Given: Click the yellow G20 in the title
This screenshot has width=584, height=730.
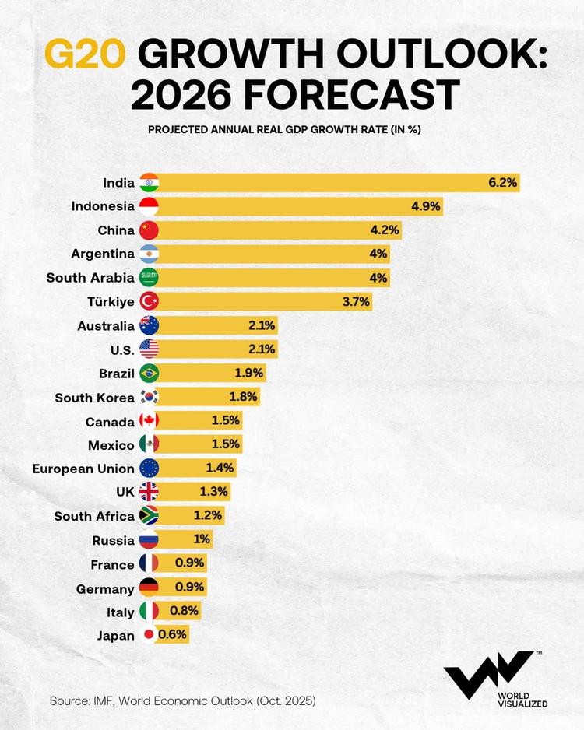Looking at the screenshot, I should tap(86, 55).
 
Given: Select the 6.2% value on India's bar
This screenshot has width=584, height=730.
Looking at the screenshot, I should tap(502, 183).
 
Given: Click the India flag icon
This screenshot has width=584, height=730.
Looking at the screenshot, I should tap(149, 183).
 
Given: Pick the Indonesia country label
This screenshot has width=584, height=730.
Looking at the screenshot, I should tap(103, 206).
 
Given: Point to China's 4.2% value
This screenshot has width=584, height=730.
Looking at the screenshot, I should tap(385, 230).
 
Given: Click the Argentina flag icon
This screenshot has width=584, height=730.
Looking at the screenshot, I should tap(149, 254).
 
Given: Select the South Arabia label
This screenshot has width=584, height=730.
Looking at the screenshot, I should tap(90, 277).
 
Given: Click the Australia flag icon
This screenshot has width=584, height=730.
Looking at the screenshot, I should tap(149, 325).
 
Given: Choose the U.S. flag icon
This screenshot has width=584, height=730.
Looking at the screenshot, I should tap(149, 349).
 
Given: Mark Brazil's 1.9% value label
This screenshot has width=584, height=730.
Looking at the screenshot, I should tap(249, 373).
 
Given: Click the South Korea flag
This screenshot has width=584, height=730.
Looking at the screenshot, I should tap(149, 397).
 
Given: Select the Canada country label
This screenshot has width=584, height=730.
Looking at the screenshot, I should tap(110, 421).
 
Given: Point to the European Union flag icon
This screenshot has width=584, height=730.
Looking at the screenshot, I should tap(149, 468).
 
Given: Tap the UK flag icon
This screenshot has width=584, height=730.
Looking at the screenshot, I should tap(149, 491).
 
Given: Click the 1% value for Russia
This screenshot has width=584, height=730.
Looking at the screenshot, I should tap(202, 539).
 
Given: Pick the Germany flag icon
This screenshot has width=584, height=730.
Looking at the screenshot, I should tap(149, 587).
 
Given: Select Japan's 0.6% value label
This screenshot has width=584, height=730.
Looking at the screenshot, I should tap(172, 634).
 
